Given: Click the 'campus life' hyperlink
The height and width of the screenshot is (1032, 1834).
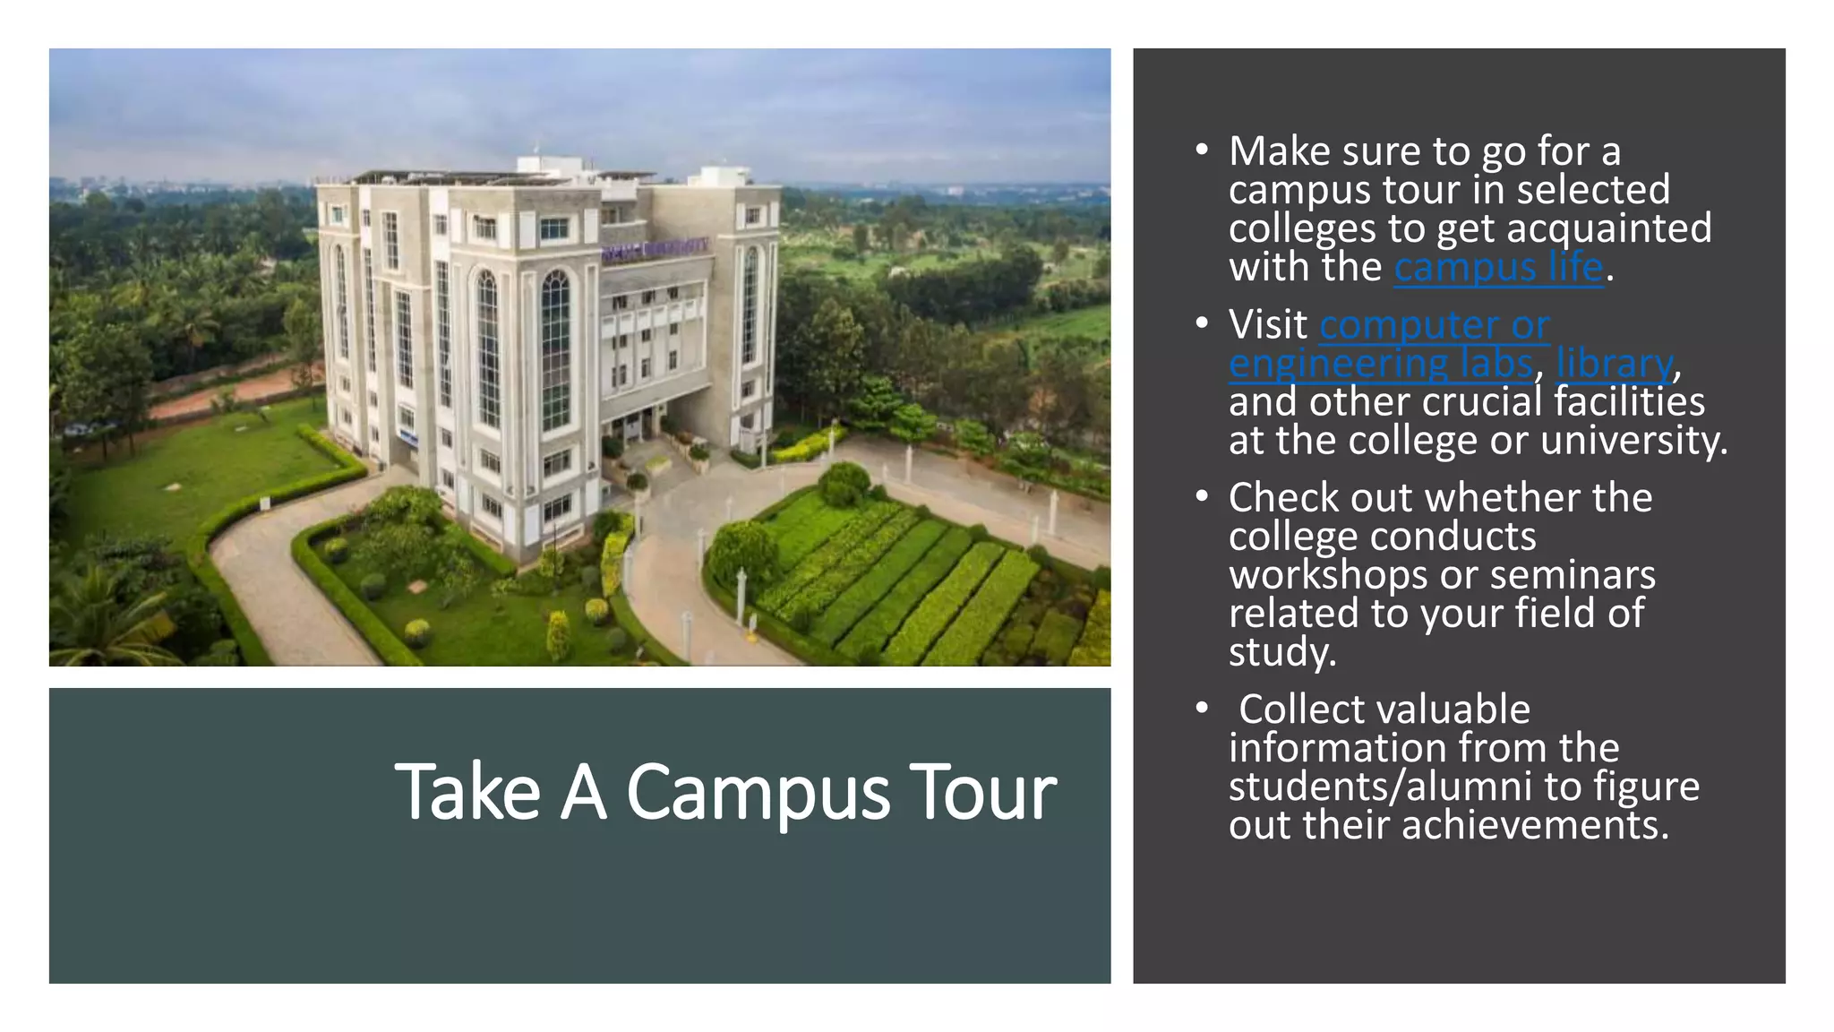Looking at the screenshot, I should (1498, 268).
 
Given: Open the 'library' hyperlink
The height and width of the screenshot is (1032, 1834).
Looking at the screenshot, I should (1614, 364).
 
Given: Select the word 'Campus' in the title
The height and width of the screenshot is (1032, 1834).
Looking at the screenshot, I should (758, 792).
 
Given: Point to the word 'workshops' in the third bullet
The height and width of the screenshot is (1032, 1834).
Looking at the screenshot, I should (1327, 575).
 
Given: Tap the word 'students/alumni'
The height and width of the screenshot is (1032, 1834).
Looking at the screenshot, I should (1380, 787).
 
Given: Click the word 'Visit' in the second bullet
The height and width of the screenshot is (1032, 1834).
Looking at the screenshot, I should (1268, 324).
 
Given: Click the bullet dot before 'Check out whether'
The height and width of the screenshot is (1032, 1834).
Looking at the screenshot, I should (1202, 496).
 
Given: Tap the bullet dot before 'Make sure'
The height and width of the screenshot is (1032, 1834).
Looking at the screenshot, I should (1202, 150).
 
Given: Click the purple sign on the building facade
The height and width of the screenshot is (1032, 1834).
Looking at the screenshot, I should (655, 248).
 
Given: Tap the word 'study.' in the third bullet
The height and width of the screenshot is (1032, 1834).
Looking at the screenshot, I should (1282, 652).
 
